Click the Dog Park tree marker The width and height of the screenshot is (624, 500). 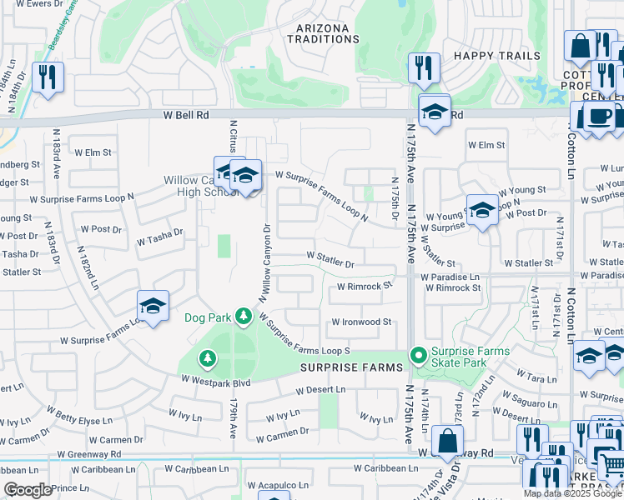coord(243,317)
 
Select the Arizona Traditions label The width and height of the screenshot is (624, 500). coord(323,33)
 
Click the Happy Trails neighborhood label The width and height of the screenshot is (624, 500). coord(497,55)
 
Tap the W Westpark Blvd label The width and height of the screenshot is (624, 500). coord(216,383)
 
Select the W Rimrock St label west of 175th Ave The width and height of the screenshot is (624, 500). coord(365,286)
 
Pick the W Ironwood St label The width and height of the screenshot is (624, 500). coord(361,322)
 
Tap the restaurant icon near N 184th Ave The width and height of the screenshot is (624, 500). coord(48,77)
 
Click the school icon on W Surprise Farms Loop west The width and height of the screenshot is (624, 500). coord(153,307)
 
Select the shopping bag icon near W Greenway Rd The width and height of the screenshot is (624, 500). coord(448,441)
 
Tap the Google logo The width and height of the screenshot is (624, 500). coord(28,490)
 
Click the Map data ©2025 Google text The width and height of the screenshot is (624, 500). coord(572,493)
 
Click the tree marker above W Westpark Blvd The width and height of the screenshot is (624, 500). coord(207,358)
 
